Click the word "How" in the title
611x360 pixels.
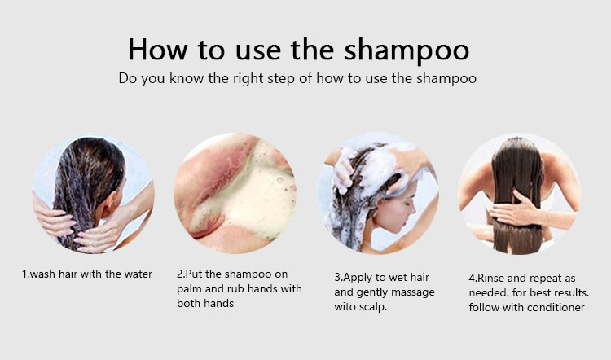(158, 49)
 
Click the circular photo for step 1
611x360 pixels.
(93, 194)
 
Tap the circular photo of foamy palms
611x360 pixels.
(235, 194)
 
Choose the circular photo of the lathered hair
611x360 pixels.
(377, 194)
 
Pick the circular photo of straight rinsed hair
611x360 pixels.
(520, 194)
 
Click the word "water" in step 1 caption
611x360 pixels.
(138, 274)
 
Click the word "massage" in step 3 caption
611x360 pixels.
(413, 292)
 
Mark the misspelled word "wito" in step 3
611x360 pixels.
(345, 307)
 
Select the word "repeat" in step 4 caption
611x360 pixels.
(545, 279)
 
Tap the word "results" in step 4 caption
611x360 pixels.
(572, 293)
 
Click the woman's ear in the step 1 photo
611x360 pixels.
(110, 204)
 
